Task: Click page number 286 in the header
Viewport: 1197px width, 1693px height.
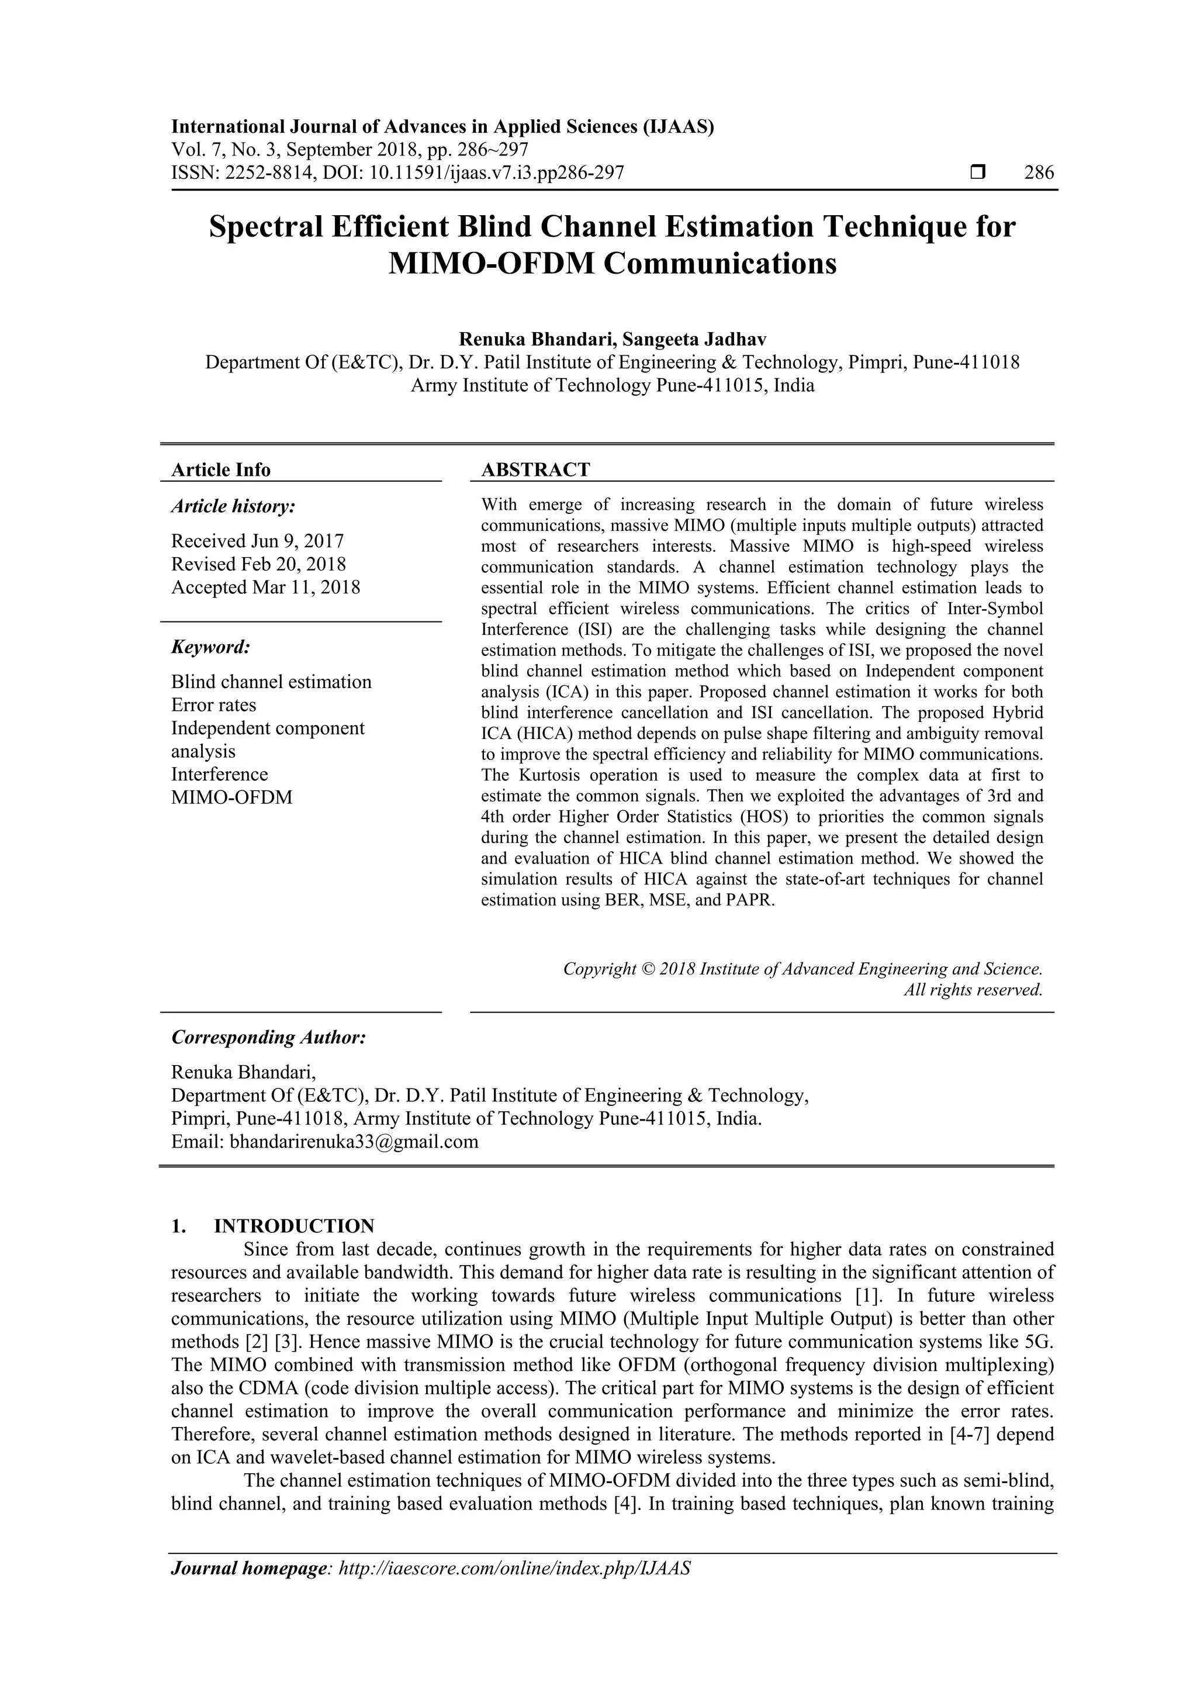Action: click(1039, 173)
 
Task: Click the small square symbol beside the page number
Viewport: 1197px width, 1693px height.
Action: click(977, 173)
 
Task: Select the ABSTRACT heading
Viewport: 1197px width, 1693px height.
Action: click(536, 469)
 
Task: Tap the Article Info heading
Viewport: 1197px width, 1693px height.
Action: click(221, 469)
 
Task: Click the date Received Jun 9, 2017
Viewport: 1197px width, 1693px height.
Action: click(258, 541)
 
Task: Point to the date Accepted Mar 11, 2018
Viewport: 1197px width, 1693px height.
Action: click(266, 588)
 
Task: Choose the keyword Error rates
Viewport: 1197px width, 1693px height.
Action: click(214, 705)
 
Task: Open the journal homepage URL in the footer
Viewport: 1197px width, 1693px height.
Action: click(514, 1589)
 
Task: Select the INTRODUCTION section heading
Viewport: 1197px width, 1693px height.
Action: click(294, 1226)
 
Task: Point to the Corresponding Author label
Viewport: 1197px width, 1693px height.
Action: click(269, 1038)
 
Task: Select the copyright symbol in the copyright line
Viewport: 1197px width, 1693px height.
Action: click(649, 969)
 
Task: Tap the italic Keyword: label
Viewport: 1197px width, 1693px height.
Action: click(211, 647)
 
